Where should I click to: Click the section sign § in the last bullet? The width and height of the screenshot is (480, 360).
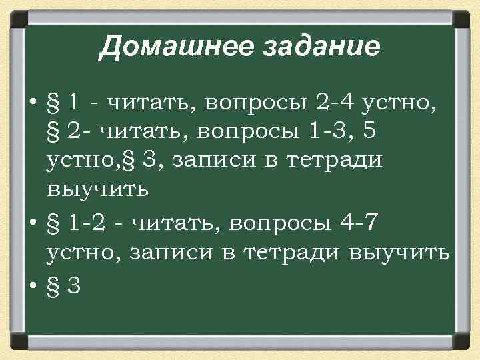54,285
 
